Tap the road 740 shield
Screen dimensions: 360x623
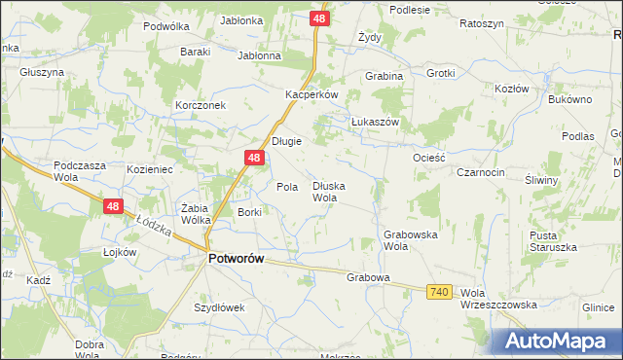coord(439,291)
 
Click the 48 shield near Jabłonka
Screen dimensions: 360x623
coord(321,18)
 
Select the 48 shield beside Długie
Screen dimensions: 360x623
coord(253,158)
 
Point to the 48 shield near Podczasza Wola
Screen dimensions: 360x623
coord(114,206)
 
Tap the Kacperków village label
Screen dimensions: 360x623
coord(311,95)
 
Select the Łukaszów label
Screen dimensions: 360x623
coord(376,122)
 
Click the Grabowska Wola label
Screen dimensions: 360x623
coord(410,240)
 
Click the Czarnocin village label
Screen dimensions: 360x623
coord(481,172)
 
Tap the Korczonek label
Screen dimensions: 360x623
coord(201,105)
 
